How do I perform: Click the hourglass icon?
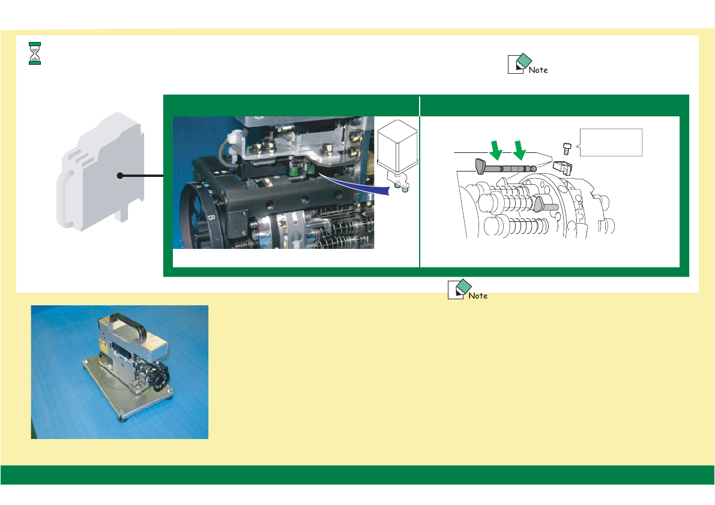pos(35,53)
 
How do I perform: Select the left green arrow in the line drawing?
pos(496,149)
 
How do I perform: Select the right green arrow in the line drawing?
pos(520,149)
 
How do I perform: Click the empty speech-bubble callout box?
pos(611,142)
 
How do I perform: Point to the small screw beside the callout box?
pos(566,148)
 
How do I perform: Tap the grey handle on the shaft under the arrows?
pos(480,165)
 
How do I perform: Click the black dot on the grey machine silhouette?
pos(120,176)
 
